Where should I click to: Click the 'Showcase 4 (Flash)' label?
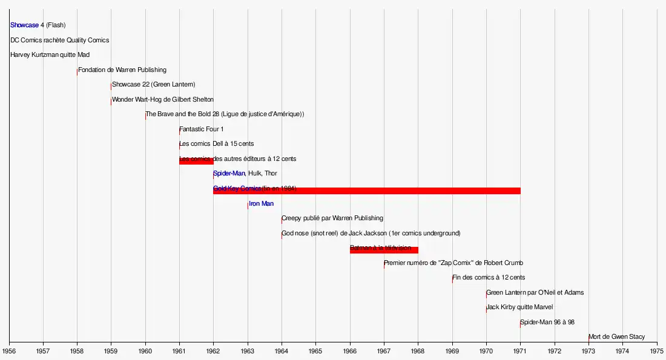38,25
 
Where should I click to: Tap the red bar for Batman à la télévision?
384,250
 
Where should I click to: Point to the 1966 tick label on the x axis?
349,350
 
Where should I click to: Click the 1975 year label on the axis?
657,350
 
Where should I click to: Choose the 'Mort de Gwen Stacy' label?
616,337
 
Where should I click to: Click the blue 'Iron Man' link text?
261,204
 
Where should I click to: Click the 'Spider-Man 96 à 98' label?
547,322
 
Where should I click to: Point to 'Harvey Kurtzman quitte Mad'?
50,55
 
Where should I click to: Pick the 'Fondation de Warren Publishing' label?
122,70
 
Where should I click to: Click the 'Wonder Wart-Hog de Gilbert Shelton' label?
162,100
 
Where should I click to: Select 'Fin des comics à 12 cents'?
489,278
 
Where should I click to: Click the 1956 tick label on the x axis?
9,350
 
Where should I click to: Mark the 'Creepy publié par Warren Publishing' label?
332,218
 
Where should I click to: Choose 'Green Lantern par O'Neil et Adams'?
535,293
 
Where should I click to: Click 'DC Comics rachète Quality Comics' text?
59,41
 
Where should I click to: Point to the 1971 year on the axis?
520,350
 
